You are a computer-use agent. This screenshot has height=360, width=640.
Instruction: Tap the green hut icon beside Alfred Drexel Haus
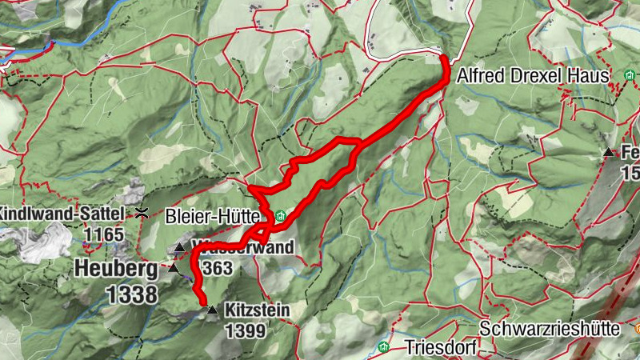click(626, 76)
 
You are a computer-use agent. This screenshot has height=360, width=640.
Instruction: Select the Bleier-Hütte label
click(212, 217)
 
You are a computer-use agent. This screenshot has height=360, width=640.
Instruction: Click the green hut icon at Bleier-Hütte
click(280, 217)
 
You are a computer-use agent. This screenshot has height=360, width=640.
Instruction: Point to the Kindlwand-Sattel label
click(62, 214)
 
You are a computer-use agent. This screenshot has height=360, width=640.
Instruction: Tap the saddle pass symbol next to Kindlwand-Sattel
click(142, 213)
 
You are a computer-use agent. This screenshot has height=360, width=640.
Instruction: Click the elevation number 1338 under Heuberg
click(131, 294)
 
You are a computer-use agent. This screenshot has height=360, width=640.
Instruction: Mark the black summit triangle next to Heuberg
click(174, 268)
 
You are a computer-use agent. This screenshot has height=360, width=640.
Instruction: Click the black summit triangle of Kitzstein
click(212, 310)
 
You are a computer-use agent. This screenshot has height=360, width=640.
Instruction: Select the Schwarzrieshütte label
click(553, 329)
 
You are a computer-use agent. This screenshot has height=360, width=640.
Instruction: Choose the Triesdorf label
click(439, 348)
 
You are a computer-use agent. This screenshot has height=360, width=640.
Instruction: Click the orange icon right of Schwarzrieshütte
click(637, 328)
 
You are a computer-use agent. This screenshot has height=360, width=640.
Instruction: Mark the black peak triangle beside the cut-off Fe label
click(609, 152)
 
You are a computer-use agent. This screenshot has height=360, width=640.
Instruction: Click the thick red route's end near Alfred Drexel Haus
click(445, 58)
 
